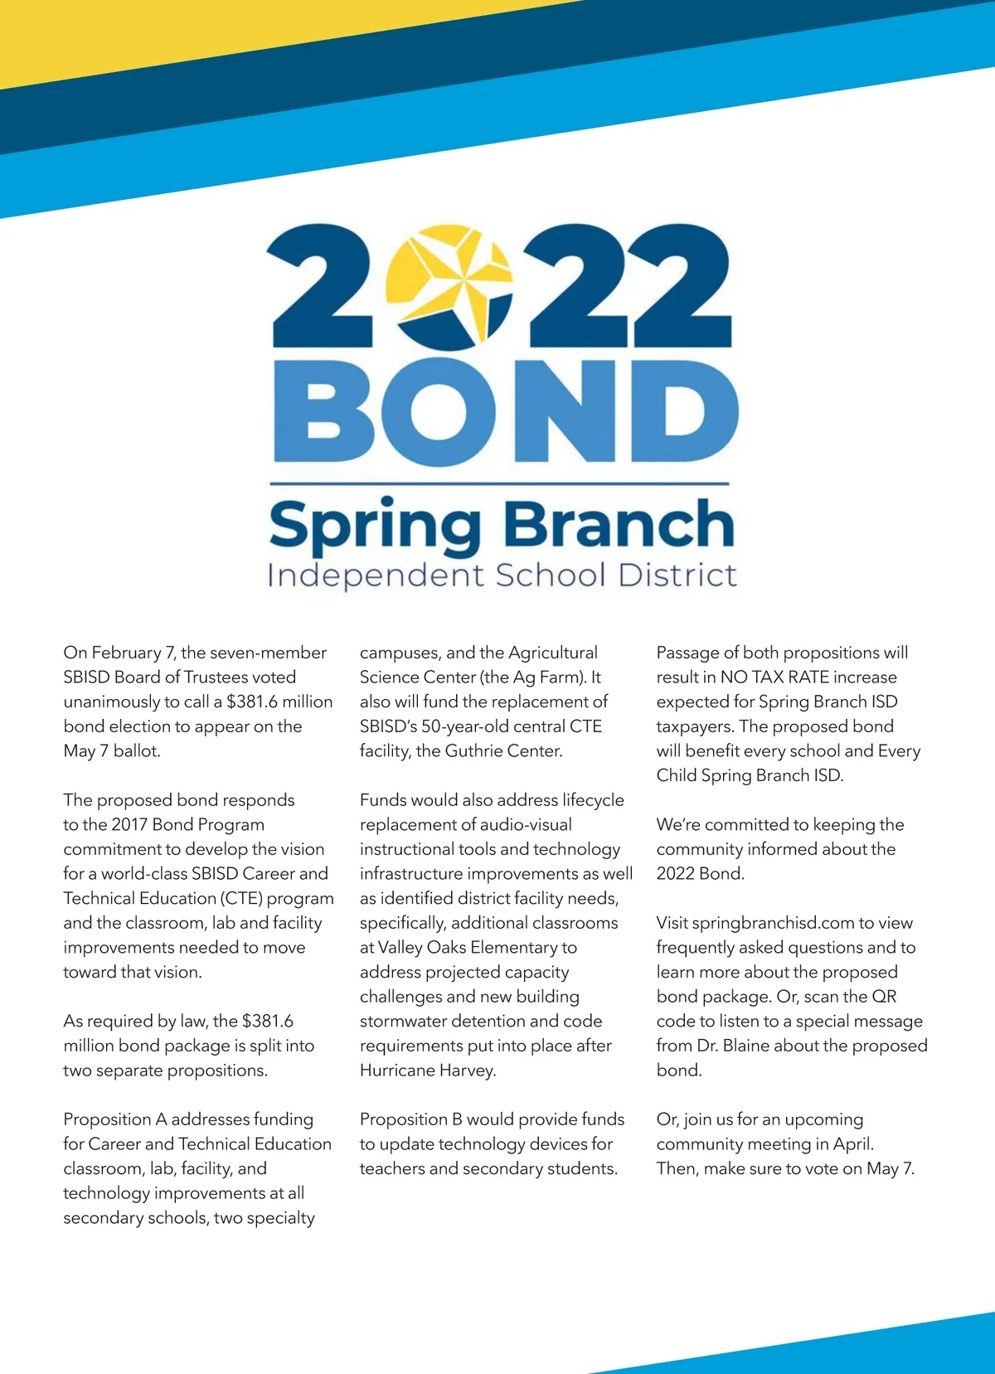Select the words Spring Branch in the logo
coord(502,524)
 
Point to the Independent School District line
coord(502,575)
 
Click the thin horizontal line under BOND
coord(500,483)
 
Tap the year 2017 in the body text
coord(129,824)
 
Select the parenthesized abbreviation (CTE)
coord(242,898)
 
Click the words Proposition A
coord(115,1119)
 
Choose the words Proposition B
coord(411,1119)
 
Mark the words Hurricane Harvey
coord(427,1071)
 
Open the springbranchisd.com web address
coord(761,923)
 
